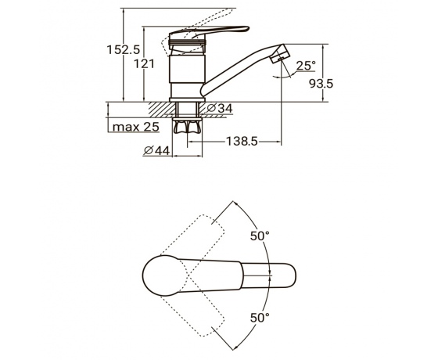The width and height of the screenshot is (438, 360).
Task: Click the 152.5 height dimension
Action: tap(123, 50)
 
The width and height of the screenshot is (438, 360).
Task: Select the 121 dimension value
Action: tap(144, 64)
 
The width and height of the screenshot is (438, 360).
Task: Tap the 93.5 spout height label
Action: tap(321, 83)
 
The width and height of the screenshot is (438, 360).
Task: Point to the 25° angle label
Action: tap(305, 66)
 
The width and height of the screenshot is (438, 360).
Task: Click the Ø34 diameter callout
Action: tap(220, 108)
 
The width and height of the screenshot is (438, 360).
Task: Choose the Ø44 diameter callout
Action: tap(156, 151)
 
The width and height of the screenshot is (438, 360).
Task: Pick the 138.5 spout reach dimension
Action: tap(242, 142)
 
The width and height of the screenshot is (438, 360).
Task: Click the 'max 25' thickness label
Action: tap(136, 127)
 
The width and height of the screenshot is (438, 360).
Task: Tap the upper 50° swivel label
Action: tap(260, 236)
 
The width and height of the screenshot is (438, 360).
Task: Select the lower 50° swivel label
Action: tap(260, 318)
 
